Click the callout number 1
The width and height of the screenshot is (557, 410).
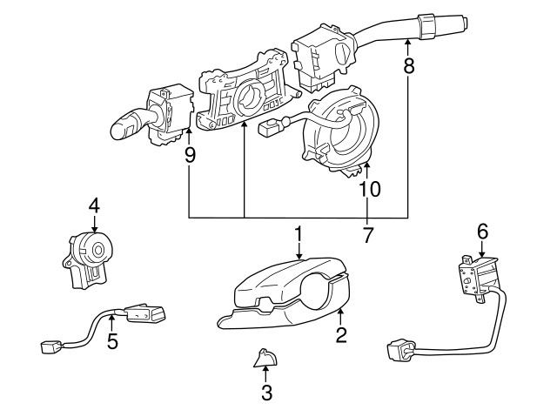(x=298, y=233)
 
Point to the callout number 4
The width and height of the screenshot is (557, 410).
(x=94, y=205)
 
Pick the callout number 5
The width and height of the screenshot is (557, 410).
(x=112, y=341)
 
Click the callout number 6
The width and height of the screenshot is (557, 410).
(x=482, y=232)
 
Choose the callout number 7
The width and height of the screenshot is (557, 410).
(x=367, y=235)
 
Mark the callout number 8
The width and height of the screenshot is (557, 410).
(x=408, y=64)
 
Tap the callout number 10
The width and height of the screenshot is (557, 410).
(x=369, y=188)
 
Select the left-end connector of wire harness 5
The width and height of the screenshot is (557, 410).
(x=49, y=347)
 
